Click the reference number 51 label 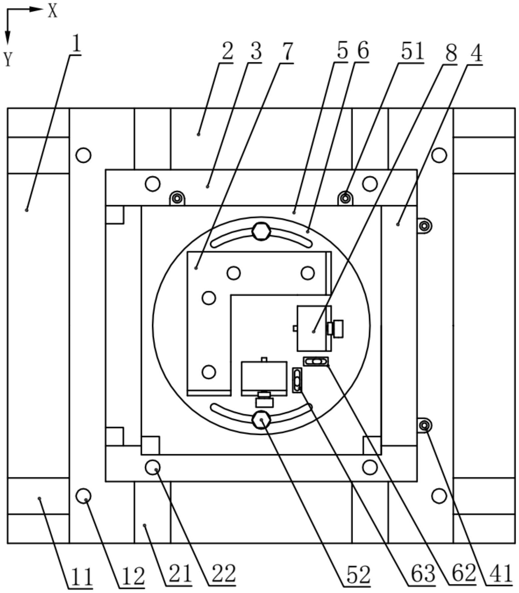click(412, 52)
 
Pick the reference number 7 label click(286, 52)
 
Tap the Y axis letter click(8, 60)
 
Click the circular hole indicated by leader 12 click(83, 496)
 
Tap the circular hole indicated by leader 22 click(153, 467)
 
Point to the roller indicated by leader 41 click(424, 426)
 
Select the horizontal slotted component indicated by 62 click(316, 361)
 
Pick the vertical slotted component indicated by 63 click(297, 380)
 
